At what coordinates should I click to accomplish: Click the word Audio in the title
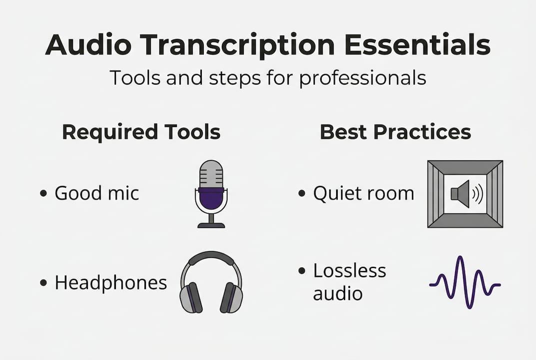tap(88, 44)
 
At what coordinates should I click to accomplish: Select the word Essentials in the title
tap(418, 44)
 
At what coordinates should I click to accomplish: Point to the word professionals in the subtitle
tap(363, 78)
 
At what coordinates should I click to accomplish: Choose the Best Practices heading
tap(396, 132)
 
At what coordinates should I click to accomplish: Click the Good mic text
tap(97, 193)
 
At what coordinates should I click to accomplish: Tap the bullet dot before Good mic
tap(43, 193)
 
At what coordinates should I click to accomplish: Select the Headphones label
tap(111, 282)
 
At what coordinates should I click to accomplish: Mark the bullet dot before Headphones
tap(43, 282)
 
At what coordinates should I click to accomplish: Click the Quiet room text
tap(363, 193)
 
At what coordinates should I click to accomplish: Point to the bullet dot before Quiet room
tap(302, 193)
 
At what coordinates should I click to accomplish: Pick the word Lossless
tap(349, 270)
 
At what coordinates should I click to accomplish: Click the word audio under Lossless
tap(338, 293)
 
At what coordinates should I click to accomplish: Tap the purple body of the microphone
tap(211, 198)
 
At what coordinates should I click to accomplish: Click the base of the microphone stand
tap(211, 225)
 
